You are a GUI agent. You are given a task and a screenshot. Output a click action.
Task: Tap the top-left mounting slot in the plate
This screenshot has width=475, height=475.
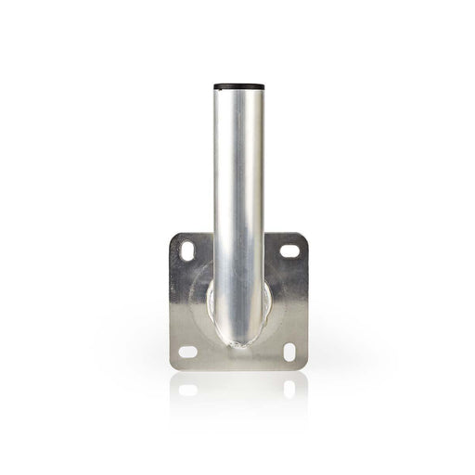pos(187,250)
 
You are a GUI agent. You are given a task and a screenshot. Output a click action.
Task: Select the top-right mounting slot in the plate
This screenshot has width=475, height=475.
pos(290,250)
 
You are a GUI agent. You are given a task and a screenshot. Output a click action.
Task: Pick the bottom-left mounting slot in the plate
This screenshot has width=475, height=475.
pos(187,352)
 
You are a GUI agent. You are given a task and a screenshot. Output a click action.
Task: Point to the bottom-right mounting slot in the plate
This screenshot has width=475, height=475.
pos(289,352)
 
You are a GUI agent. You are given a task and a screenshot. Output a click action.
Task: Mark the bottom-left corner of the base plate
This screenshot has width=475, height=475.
pos(172,367)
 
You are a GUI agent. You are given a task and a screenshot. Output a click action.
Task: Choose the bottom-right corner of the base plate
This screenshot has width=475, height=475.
pos(305,367)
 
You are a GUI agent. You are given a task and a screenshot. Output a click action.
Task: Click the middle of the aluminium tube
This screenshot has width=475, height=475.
pos(237,204)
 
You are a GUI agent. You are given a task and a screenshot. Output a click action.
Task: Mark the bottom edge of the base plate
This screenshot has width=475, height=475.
pos(237,369)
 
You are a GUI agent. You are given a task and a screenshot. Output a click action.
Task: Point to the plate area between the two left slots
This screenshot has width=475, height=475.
pos(186,302)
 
